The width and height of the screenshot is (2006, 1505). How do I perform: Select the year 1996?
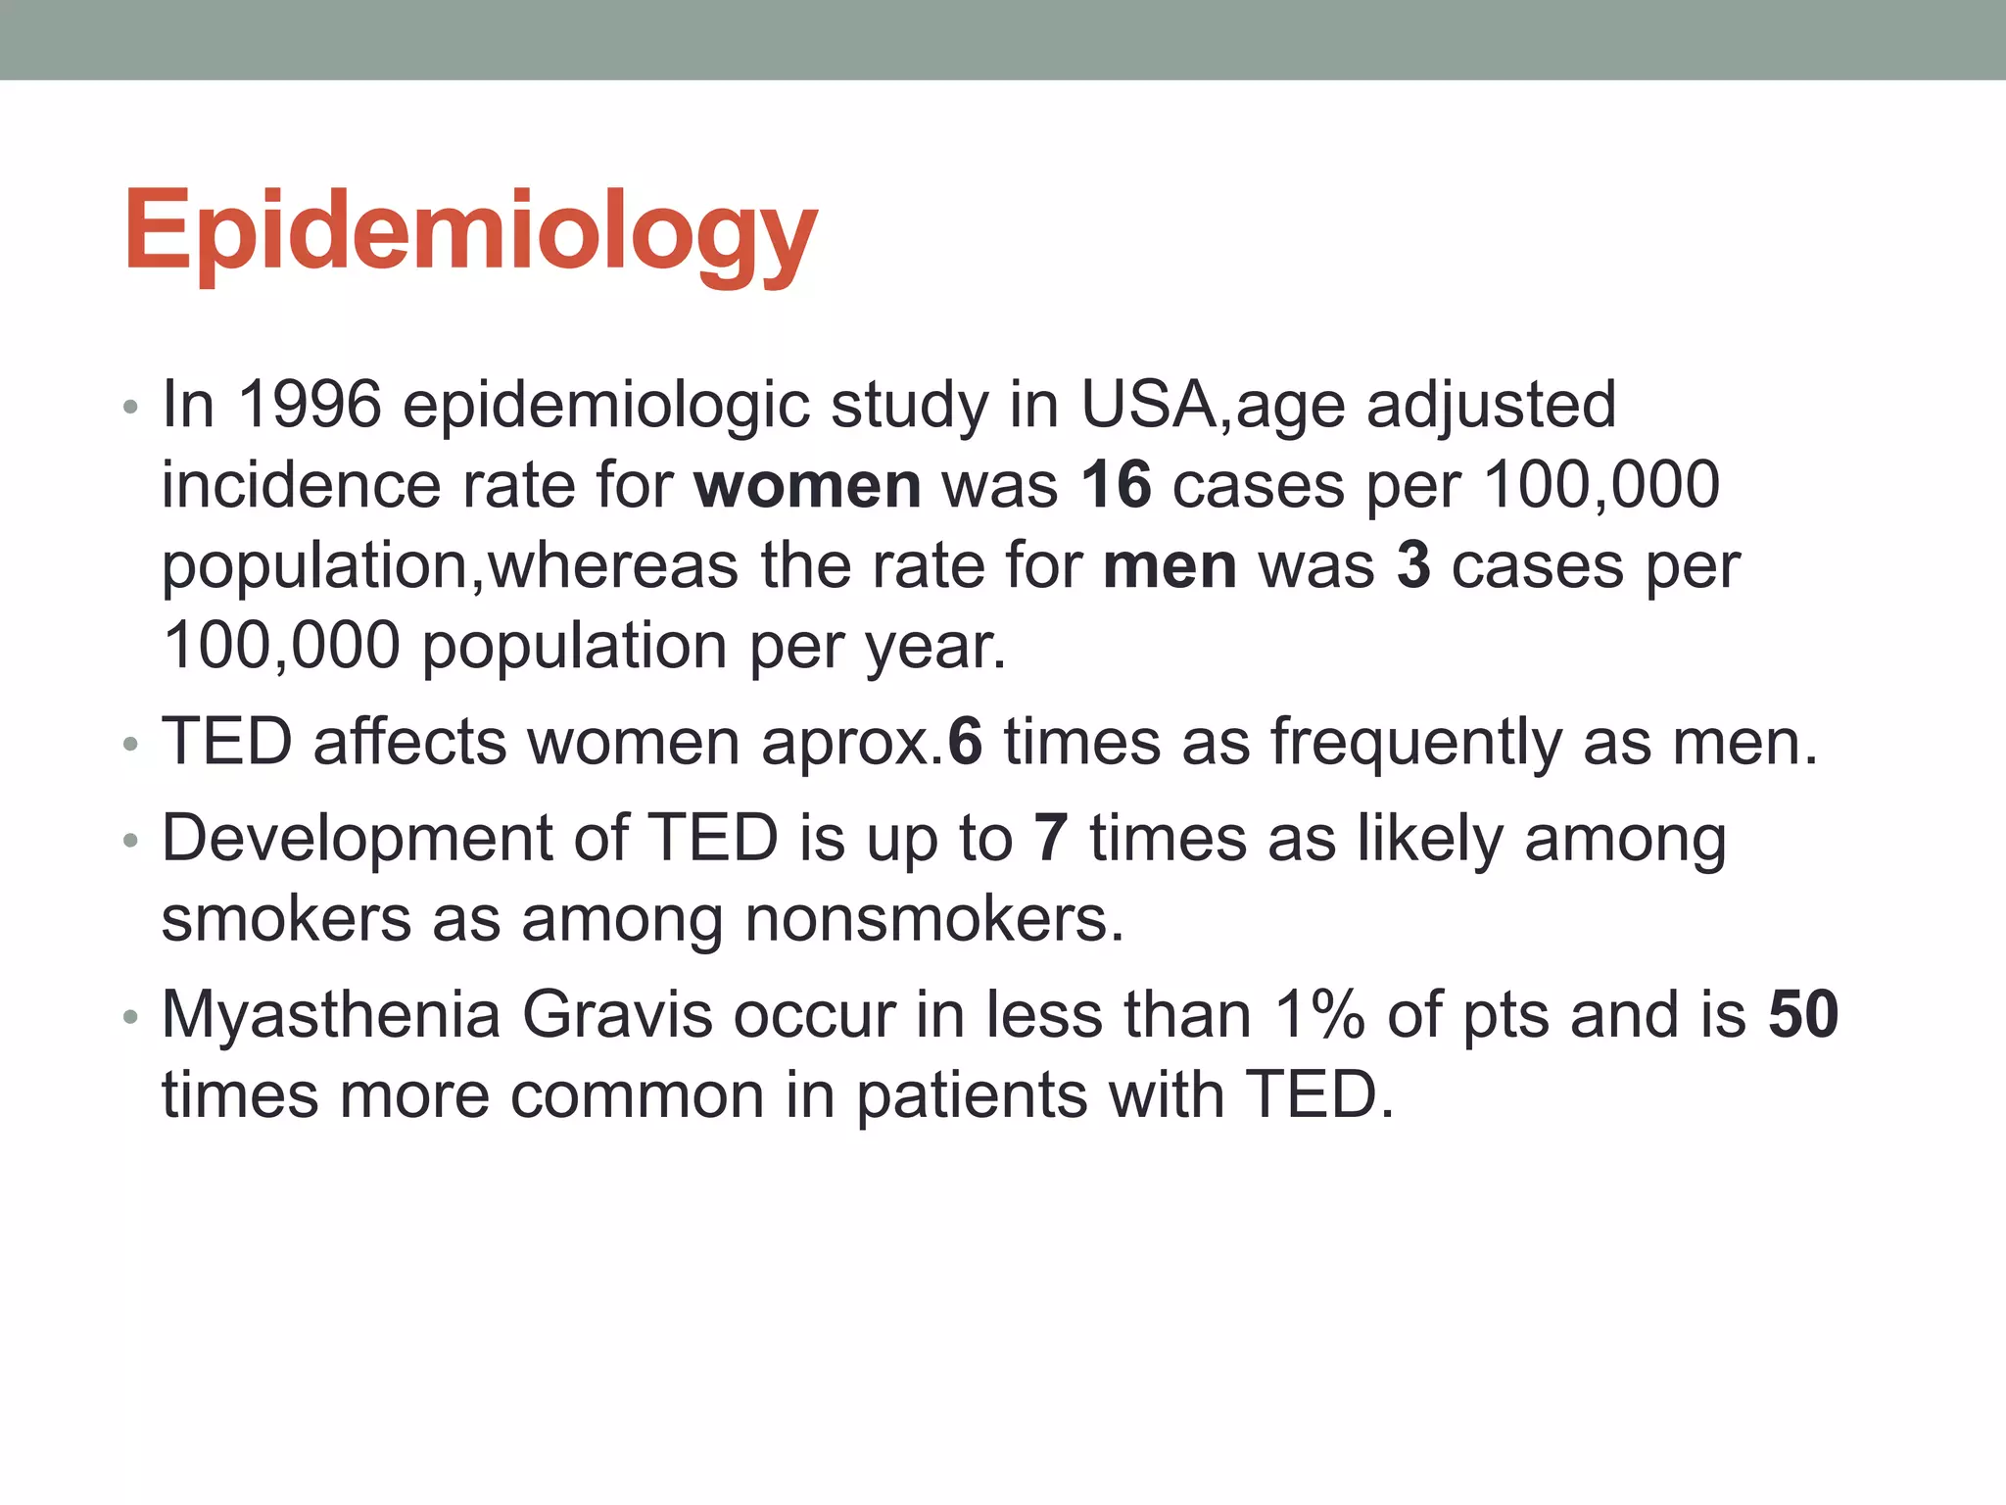[x=309, y=404]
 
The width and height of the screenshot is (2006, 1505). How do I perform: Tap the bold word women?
[x=807, y=485]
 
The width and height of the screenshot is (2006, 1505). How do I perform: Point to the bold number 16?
[x=1116, y=485]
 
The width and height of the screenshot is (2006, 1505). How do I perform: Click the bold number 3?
[x=1412, y=565]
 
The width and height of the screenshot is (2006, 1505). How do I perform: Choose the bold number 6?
[x=965, y=742]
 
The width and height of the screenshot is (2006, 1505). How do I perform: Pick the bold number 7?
[x=1050, y=839]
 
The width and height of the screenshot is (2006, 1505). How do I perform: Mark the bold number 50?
[x=1803, y=1014]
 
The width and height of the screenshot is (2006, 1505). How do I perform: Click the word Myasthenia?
[x=331, y=1016]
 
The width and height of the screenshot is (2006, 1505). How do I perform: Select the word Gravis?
[x=617, y=1014]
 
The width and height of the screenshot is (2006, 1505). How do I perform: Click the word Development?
[x=358, y=841]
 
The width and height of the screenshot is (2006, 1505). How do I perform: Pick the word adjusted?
[x=1491, y=406]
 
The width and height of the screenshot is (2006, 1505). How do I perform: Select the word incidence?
[x=301, y=485]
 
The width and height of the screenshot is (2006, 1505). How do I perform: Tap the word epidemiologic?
[x=606, y=406]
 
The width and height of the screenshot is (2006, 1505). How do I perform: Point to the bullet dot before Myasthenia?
[x=130, y=1017]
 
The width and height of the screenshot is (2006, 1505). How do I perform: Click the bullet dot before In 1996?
[x=130, y=407]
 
